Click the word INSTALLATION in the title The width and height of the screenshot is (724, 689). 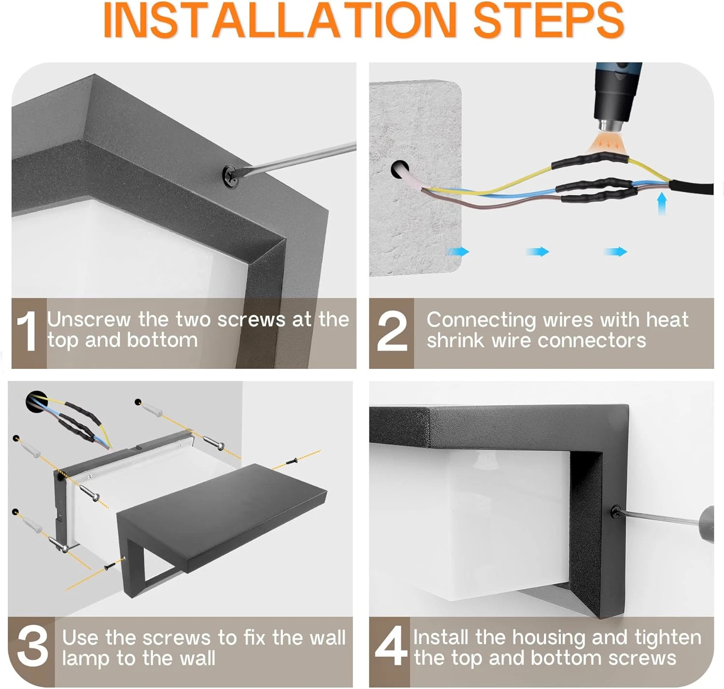[x=279, y=20]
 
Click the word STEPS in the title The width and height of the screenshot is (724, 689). [x=549, y=20]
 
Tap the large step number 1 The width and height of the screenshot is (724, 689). [x=27, y=331]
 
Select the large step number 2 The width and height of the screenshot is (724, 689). [x=392, y=331]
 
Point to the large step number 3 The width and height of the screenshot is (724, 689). [x=32, y=648]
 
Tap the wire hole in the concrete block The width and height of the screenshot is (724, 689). [x=400, y=169]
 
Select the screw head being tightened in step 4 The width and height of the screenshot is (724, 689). [x=615, y=512]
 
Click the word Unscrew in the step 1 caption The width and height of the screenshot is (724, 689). [x=89, y=319]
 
